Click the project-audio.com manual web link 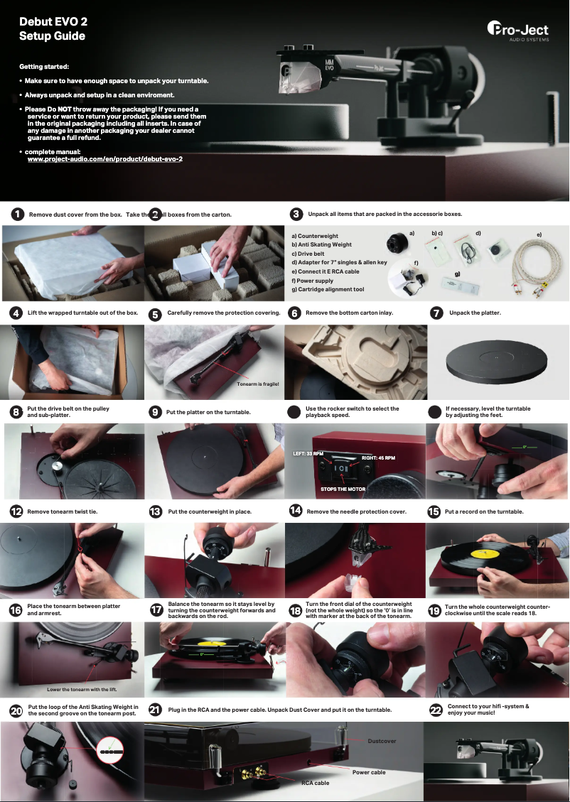click(x=104, y=159)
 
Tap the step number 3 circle click(x=297, y=214)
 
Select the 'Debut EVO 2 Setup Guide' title click(x=53, y=29)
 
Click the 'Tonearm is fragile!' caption click(x=257, y=384)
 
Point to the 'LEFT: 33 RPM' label click(x=308, y=453)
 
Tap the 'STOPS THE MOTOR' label click(x=343, y=489)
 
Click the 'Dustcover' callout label click(x=382, y=741)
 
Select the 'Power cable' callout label click(x=369, y=771)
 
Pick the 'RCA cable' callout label click(x=315, y=783)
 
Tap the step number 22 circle click(x=436, y=710)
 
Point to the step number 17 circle click(x=157, y=610)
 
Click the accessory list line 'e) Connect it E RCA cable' click(x=326, y=271)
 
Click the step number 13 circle click(x=156, y=511)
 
